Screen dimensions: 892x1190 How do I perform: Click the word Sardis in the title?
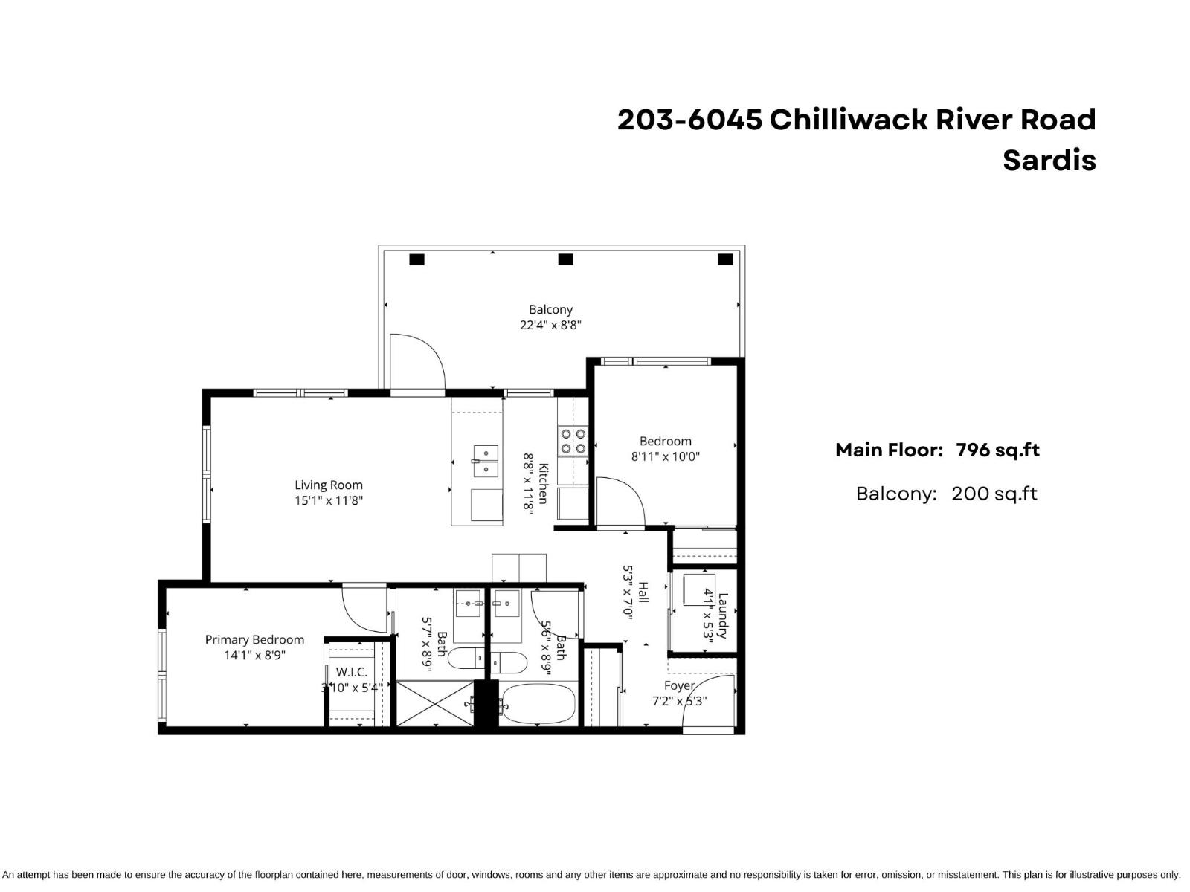coord(1049,161)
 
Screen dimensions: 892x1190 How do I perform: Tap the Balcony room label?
coord(550,309)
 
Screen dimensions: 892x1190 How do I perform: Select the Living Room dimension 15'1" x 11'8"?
coord(328,501)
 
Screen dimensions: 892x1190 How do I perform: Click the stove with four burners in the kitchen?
coord(573,440)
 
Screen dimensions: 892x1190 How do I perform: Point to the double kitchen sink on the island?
coord(485,461)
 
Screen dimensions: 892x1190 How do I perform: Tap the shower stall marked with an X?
coord(433,703)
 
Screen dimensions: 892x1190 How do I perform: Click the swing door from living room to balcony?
coord(416,361)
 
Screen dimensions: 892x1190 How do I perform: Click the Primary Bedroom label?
coord(254,639)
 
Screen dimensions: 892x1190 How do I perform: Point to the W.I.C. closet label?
coord(351,672)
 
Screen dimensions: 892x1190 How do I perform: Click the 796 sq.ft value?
coord(997,450)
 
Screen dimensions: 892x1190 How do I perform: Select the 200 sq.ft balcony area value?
coord(994,494)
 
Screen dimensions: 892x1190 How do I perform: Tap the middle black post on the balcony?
coord(565,259)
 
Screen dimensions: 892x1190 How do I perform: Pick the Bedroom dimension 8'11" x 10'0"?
coord(665,457)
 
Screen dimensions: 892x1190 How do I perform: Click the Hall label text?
coord(643,592)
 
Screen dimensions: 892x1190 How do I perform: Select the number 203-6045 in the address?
coord(689,119)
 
